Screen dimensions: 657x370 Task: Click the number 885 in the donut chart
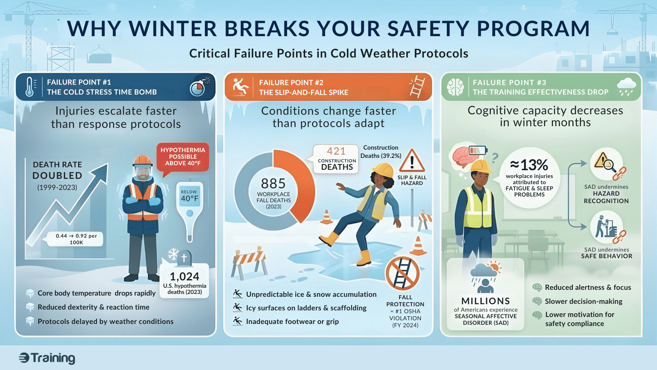pos(273,183)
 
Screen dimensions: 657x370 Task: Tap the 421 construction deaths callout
pos(336,159)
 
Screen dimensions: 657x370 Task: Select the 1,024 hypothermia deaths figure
pos(184,277)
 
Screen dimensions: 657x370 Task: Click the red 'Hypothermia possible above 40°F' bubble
pos(183,157)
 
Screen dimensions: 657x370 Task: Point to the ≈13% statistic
pos(529,165)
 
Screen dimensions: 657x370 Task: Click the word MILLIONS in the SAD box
pos(485,301)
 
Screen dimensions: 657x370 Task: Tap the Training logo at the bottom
pos(47,358)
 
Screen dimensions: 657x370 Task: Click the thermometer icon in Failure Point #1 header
pos(30,87)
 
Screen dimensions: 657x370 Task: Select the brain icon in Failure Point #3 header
pos(455,87)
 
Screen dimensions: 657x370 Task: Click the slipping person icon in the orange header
pos(240,87)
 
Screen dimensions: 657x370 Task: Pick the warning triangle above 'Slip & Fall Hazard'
pos(412,160)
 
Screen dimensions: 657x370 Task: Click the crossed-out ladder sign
pos(402,273)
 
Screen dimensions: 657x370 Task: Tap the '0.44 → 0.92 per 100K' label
pos(76,239)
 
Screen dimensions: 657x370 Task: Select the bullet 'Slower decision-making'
pos(583,301)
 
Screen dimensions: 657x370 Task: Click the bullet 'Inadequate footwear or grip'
pos(292,321)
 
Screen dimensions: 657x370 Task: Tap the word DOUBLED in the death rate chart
pos(57,176)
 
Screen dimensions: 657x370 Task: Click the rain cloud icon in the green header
pos(626,87)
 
